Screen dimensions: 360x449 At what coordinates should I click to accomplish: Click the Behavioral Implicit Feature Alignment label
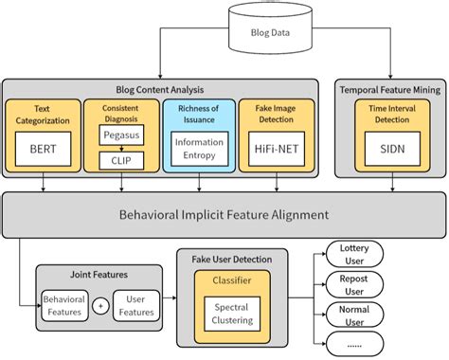tap(224, 215)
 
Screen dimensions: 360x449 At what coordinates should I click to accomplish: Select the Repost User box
tap(353, 284)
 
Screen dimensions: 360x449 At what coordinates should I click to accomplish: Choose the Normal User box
tap(353, 315)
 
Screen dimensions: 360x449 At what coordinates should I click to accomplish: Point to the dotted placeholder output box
tap(353, 345)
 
